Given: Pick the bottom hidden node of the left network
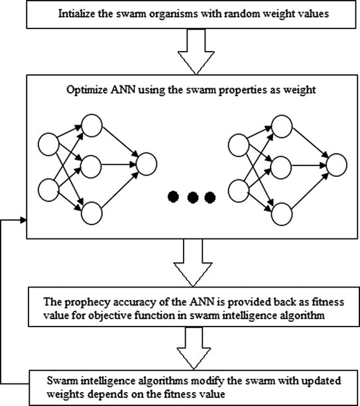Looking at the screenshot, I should coord(91,211).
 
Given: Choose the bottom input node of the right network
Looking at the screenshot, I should coord(237,191).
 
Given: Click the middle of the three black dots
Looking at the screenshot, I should coord(192,196).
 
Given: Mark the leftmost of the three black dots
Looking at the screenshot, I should coord(173,196).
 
